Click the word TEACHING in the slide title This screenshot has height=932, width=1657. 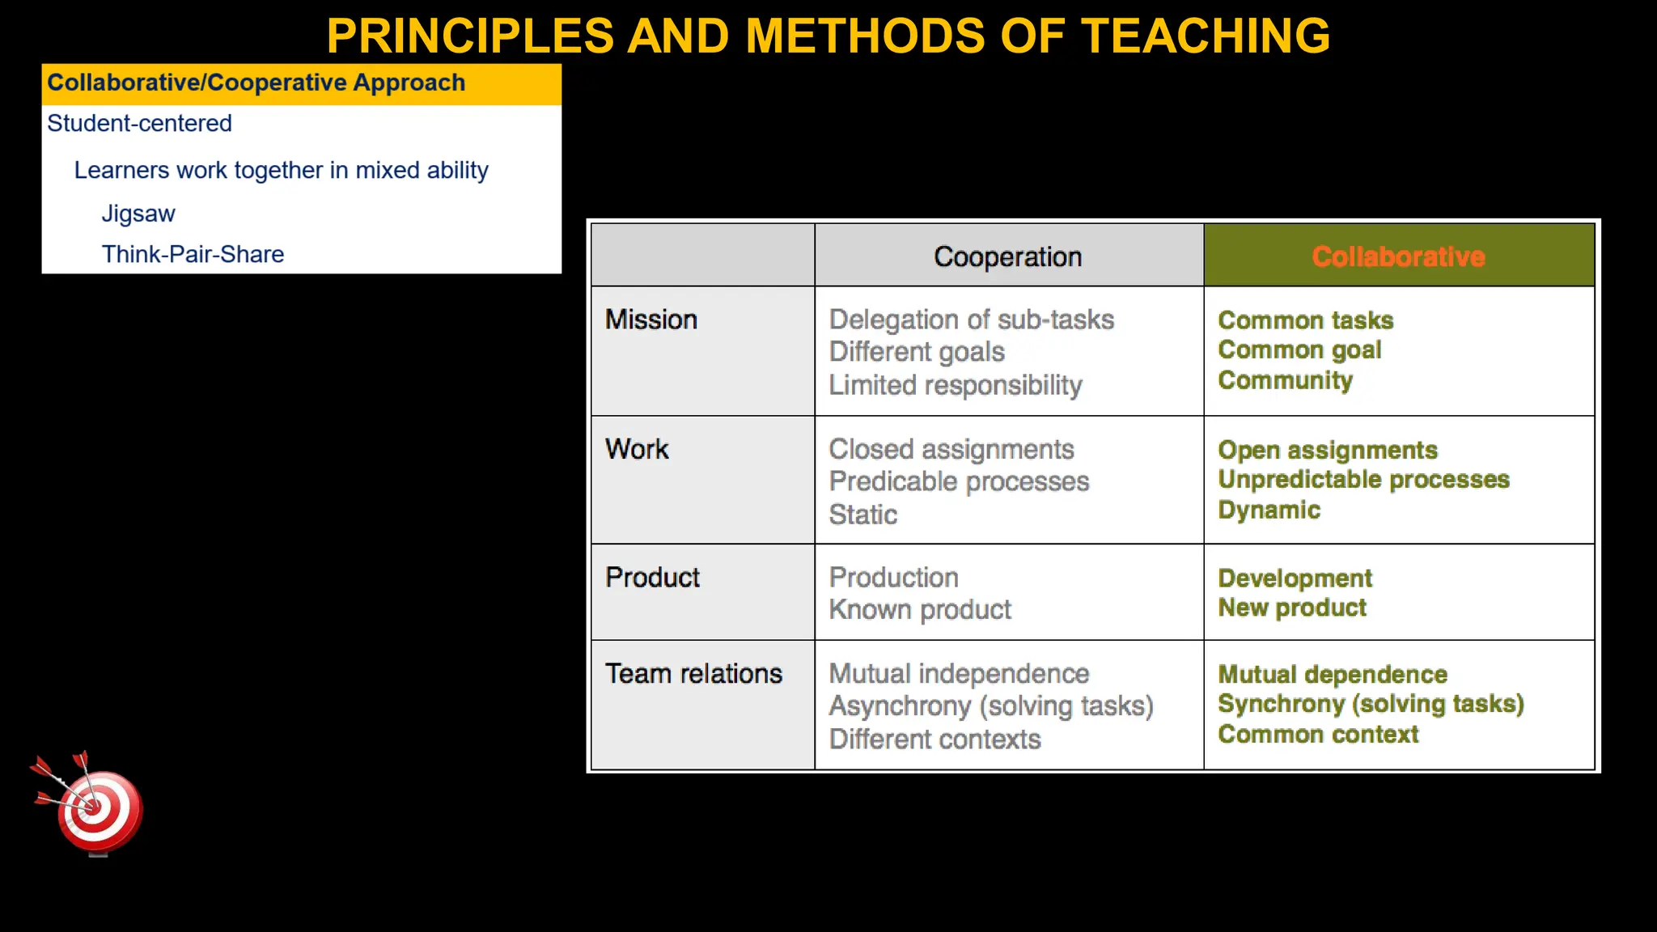click(1206, 36)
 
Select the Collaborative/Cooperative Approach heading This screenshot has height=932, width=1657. click(256, 83)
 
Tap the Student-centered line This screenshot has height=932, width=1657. click(139, 124)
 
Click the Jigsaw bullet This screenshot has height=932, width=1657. click(138, 214)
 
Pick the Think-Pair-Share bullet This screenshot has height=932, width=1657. click(193, 255)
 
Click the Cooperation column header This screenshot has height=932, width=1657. click(1007, 257)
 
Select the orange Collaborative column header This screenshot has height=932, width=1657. click(1398, 257)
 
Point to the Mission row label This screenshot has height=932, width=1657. click(651, 320)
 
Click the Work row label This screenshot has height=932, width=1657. click(637, 449)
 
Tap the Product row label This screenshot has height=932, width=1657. click(652, 578)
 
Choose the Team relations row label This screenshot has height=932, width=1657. click(693, 674)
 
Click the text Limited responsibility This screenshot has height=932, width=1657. click(955, 385)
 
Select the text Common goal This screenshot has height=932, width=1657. click(1299, 350)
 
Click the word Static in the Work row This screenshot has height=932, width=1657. click(862, 515)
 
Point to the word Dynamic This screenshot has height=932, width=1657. click(1269, 510)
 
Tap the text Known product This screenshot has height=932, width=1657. click(920, 610)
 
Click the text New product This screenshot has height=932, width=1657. click(1292, 608)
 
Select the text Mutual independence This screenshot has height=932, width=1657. click(959, 674)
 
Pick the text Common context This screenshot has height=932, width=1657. click(1318, 735)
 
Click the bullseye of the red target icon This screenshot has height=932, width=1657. click(94, 807)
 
